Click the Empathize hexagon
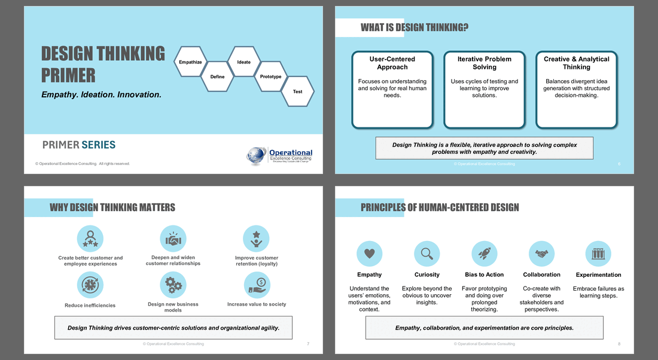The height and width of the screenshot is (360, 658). [190, 62]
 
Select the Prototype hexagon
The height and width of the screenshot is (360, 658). [270, 77]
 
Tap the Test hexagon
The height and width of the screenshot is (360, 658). [297, 91]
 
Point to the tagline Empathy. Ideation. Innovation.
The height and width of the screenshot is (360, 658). [101, 94]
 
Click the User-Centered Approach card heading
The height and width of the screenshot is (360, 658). [392, 63]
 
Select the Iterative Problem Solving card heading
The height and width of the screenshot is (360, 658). [485, 63]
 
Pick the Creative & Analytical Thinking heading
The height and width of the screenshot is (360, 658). [577, 63]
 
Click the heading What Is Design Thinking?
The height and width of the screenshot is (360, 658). [414, 28]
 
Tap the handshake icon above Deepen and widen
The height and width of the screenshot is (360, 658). [173, 239]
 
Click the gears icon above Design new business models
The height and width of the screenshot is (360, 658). [173, 285]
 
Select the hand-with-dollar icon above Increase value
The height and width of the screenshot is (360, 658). [256, 285]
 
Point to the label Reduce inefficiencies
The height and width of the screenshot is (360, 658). [90, 306]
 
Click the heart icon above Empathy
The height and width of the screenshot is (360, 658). [369, 254]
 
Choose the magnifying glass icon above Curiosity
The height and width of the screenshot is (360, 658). [427, 254]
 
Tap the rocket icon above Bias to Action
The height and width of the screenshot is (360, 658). [484, 254]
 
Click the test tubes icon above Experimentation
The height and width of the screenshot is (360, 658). [598, 254]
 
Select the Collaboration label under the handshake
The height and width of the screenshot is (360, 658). [541, 275]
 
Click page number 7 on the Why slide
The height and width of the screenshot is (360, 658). [307, 344]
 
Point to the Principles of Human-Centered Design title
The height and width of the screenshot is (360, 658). [440, 208]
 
